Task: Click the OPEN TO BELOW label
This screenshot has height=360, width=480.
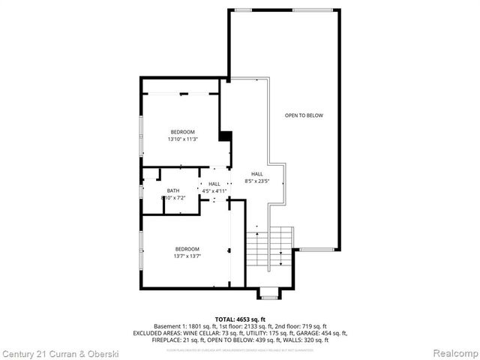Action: pos(303,115)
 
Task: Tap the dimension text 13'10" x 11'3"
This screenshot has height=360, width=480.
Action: pos(181,139)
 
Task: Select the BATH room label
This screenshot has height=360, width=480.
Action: pos(173,190)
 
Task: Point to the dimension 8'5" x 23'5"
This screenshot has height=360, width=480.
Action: pos(256,181)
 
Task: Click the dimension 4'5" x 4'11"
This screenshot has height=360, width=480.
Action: pos(214,191)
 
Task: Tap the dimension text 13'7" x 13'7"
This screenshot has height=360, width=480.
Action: pos(187,256)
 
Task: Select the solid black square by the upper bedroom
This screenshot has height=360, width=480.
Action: pos(224,136)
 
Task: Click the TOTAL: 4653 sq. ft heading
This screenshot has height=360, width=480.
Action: pos(240,319)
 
